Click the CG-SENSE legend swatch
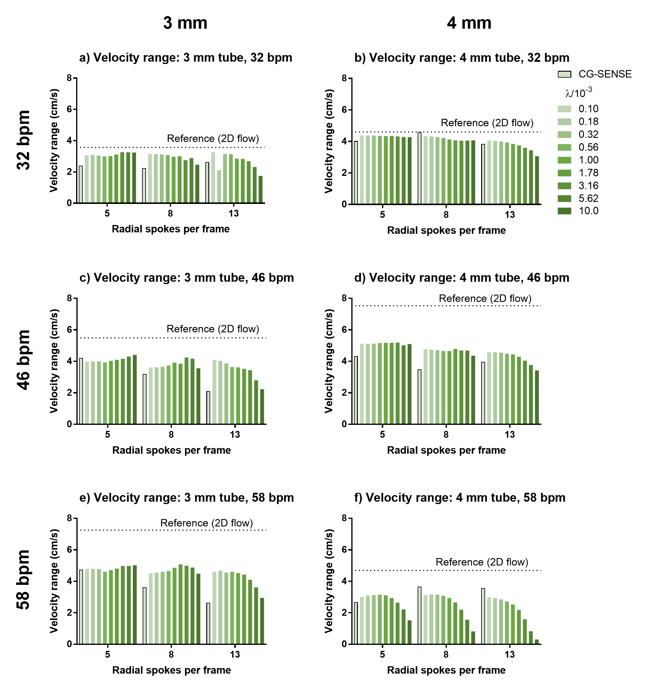[564, 74]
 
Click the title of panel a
[186, 58]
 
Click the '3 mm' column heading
[185, 23]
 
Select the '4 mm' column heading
[469, 23]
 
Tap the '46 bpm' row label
[24, 360]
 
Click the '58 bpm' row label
[24, 580]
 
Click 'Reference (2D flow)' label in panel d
[485, 299]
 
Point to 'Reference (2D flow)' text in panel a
[213, 139]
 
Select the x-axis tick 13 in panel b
[510, 215]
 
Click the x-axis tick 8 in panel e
[171, 654]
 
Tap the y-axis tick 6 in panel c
[70, 330]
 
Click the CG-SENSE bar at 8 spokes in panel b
[419, 168]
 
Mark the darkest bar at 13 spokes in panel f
[537, 642]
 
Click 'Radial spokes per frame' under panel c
[171, 451]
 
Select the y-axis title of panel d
[329, 361]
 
